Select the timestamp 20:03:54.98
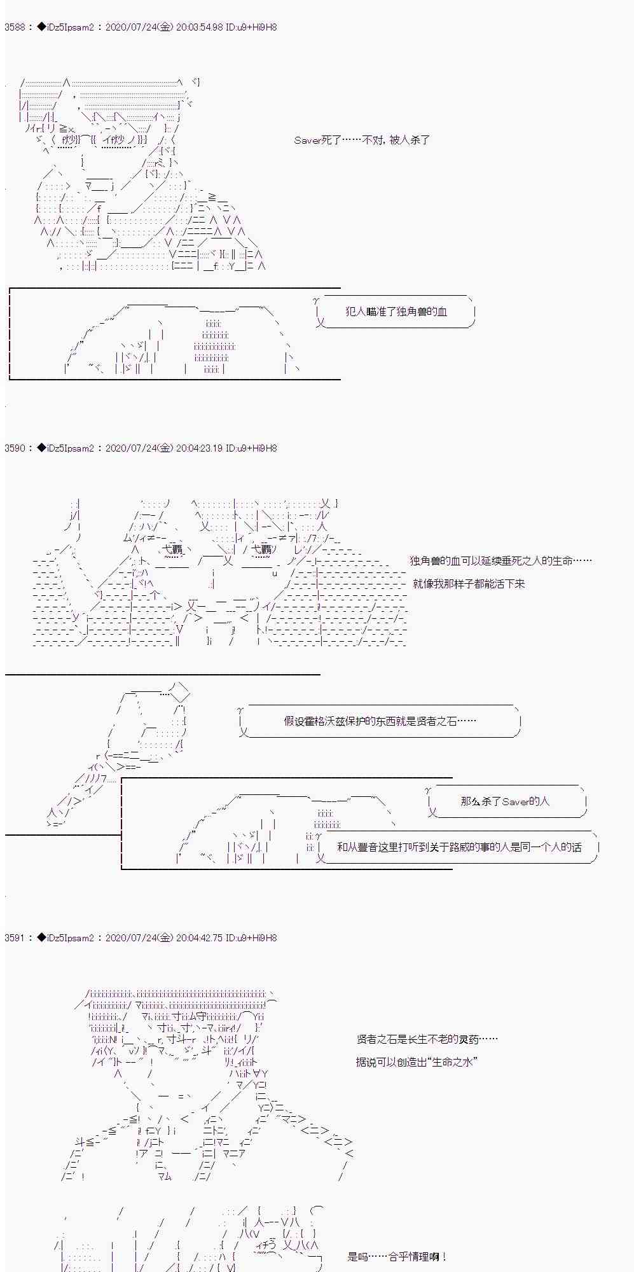point(199,27)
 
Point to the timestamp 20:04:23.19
point(199,448)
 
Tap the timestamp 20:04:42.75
point(199,938)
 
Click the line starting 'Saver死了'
point(362,140)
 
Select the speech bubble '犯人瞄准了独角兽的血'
point(395,312)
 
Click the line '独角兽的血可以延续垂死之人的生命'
point(501,561)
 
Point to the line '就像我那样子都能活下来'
point(469,584)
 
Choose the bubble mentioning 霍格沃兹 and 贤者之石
point(380,721)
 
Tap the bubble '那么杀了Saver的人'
point(506,801)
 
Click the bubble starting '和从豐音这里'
point(458,847)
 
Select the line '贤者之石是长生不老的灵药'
point(427,1039)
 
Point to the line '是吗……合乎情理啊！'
point(397,1257)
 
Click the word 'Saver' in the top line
point(307,140)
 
